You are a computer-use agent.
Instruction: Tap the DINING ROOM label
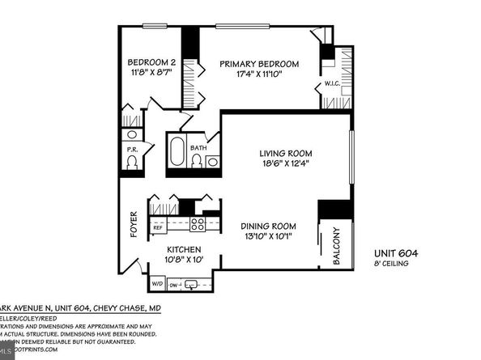tap(267, 226)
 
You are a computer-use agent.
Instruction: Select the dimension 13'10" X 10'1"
tap(267, 238)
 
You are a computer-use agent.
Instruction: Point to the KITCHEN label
tap(185, 250)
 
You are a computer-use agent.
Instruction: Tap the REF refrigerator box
tap(158, 228)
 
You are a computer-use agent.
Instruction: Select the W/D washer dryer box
tap(156, 284)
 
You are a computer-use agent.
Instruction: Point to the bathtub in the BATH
tap(177, 154)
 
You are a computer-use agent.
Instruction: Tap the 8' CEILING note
tap(395, 265)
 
